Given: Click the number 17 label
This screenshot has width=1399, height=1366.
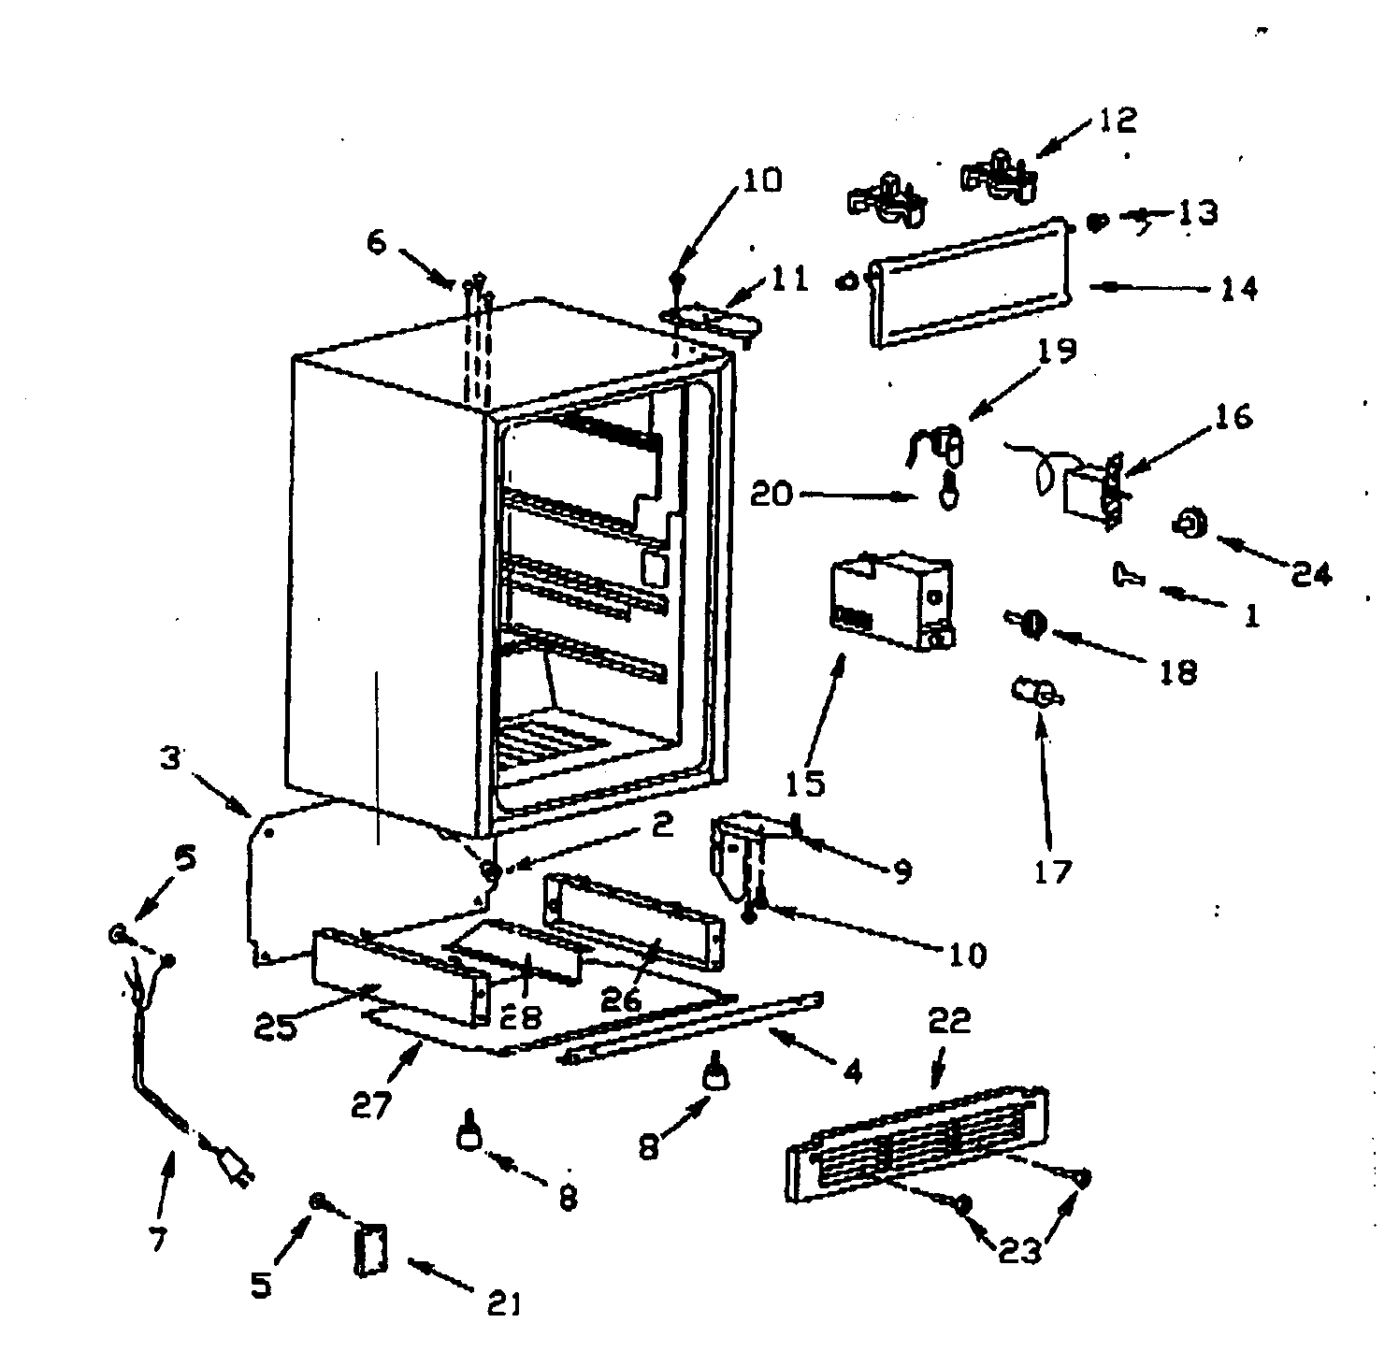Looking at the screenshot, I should (x=1052, y=871).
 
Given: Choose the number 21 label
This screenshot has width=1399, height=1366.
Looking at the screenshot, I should (x=504, y=1302).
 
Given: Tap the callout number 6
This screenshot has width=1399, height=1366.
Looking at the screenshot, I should (x=375, y=242).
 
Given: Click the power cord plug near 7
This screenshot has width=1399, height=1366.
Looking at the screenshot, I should (x=236, y=1168).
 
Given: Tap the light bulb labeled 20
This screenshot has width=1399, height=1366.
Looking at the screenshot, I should (x=949, y=491).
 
